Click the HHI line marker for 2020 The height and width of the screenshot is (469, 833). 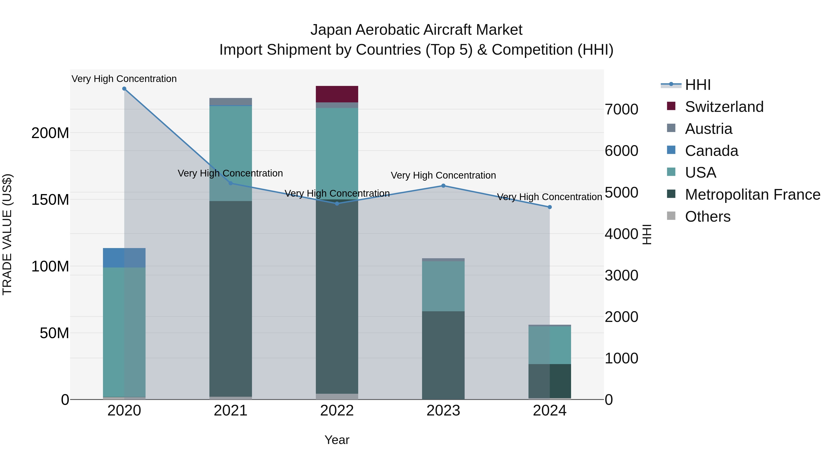pyautogui.click(x=124, y=89)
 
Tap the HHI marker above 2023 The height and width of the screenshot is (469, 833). pyautogui.click(x=443, y=186)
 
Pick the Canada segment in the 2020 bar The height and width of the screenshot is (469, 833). pyautogui.click(x=124, y=258)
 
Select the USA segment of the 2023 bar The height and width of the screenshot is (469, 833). pyautogui.click(x=443, y=286)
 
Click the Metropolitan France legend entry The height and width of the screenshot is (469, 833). pyautogui.click(x=752, y=195)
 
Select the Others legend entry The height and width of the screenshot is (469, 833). pyautogui.click(x=708, y=217)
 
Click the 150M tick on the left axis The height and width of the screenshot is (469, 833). pyautogui.click(x=50, y=200)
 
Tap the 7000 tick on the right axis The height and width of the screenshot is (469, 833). pyautogui.click(x=621, y=109)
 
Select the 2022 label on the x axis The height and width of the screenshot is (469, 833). pyautogui.click(x=337, y=411)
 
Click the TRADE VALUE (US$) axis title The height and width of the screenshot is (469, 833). pyautogui.click(x=7, y=234)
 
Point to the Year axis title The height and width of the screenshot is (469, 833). pyautogui.click(x=337, y=440)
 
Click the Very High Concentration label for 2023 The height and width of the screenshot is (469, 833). pyautogui.click(x=443, y=175)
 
